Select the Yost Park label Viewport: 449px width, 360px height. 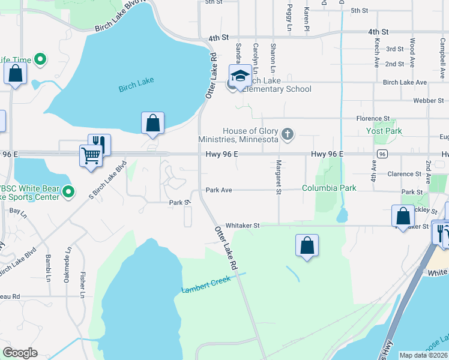(384, 131)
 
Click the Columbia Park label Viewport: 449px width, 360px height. (329, 188)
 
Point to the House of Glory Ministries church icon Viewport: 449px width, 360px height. (288, 133)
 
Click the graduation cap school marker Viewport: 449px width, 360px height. (240, 76)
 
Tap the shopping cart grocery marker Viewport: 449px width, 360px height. (91, 155)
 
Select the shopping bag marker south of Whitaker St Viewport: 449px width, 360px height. (307, 245)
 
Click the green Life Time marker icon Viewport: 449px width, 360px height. (40, 59)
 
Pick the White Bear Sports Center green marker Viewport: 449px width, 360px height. (68, 192)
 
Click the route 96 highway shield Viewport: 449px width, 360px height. (381, 154)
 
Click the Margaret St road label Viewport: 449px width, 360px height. (278, 178)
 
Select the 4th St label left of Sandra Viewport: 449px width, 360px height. (219, 37)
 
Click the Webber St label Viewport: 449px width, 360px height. (428, 101)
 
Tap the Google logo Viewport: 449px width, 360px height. (20, 353)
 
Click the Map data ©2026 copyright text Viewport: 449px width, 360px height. (423, 355)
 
